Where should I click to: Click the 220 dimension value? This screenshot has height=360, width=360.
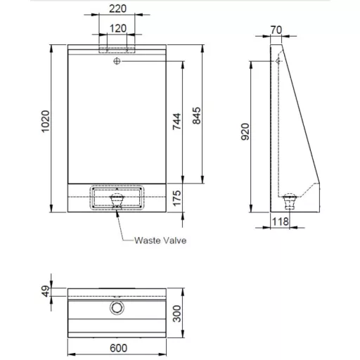point(117,9)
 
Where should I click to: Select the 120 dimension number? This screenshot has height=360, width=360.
point(118,29)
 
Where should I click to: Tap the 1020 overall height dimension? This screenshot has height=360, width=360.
point(46,121)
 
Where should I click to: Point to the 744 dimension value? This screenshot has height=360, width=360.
point(176,122)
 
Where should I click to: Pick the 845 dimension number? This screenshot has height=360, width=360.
point(196,115)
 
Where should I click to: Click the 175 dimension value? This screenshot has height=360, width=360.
point(177,198)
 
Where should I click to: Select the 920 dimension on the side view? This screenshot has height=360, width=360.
point(245,131)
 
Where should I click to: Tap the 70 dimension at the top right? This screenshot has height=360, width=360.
point(276,30)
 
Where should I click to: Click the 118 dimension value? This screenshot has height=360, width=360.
point(280,221)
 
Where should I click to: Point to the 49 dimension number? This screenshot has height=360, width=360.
point(46,291)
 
